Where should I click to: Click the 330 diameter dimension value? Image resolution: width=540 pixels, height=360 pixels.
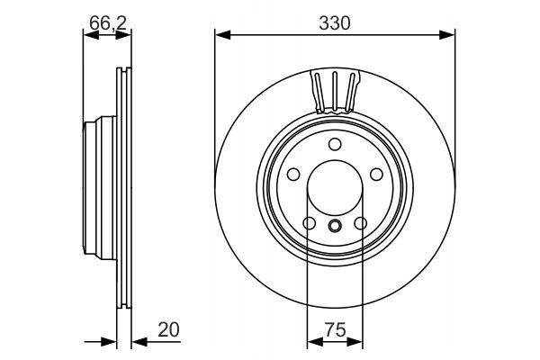335,23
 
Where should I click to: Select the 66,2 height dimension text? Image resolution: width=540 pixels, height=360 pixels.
108,23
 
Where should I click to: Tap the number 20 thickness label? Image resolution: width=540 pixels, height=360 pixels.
169,329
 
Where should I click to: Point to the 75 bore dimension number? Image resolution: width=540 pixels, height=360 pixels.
335,330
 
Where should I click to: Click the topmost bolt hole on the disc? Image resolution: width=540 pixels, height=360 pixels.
335,144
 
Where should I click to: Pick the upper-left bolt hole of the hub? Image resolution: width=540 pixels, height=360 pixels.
293,174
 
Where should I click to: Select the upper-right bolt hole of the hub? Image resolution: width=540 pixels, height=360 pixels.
376,174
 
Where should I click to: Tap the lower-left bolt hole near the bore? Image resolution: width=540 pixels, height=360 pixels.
310,223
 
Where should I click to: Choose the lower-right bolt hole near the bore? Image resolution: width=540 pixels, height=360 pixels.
361,223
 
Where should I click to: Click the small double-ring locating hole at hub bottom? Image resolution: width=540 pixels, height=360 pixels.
335,226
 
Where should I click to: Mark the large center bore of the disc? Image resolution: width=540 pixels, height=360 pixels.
335,188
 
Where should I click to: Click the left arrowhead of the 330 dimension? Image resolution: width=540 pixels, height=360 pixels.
222,34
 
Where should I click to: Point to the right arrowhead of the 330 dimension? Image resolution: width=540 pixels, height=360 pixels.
447,34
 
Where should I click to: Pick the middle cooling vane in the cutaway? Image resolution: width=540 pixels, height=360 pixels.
335,91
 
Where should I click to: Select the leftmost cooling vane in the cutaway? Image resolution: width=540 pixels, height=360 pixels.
319,93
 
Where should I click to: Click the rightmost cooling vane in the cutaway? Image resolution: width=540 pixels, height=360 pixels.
350,93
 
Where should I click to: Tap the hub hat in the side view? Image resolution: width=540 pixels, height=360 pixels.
100,187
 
